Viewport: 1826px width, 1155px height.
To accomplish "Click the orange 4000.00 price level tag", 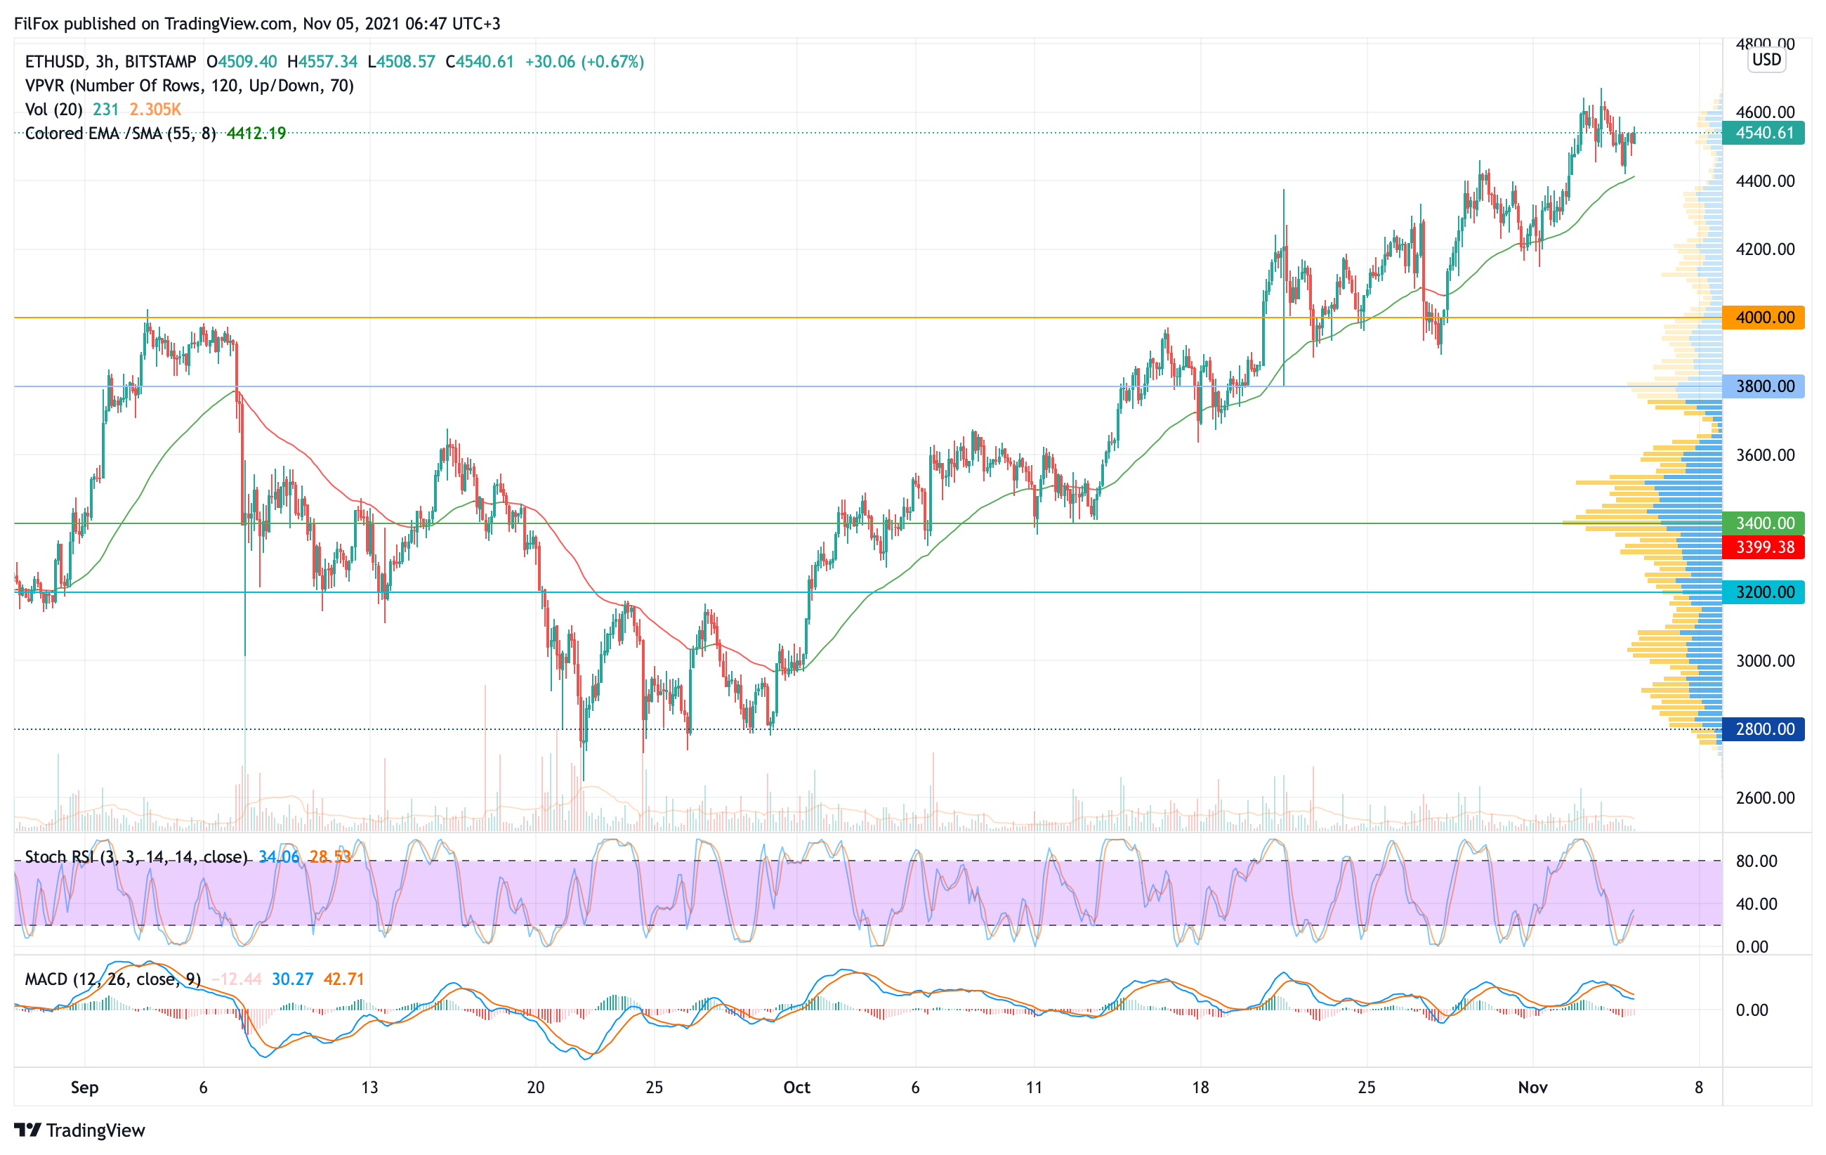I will point(1763,318).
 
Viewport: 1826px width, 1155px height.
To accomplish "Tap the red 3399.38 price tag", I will point(1763,547).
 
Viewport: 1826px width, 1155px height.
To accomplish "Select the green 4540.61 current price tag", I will point(1763,133).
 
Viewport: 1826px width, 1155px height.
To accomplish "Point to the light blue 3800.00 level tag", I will point(1763,386).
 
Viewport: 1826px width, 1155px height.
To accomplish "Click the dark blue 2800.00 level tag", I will point(1763,729).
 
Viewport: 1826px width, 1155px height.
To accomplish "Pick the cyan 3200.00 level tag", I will point(1763,592).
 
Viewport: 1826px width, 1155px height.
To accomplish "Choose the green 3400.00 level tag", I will point(1763,523).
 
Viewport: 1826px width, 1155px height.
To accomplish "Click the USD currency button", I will point(1766,60).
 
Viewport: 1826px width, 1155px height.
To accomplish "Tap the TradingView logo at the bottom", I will point(79,1130).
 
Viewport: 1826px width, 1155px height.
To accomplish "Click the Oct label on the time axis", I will point(796,1088).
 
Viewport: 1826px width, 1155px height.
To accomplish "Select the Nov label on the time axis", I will point(1532,1088).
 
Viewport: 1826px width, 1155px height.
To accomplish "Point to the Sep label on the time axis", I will point(84,1088).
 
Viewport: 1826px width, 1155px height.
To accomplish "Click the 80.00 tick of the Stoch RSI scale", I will point(1756,861).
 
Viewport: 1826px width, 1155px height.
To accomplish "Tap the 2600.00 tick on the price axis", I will point(1766,798).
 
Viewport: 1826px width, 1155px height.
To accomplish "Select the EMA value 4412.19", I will point(256,133).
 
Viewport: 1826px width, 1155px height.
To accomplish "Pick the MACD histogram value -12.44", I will point(237,979).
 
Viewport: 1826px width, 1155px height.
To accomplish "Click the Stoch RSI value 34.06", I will point(278,857).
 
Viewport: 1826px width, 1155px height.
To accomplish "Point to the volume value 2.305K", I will point(155,109).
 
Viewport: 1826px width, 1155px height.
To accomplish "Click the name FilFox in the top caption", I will point(37,23).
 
